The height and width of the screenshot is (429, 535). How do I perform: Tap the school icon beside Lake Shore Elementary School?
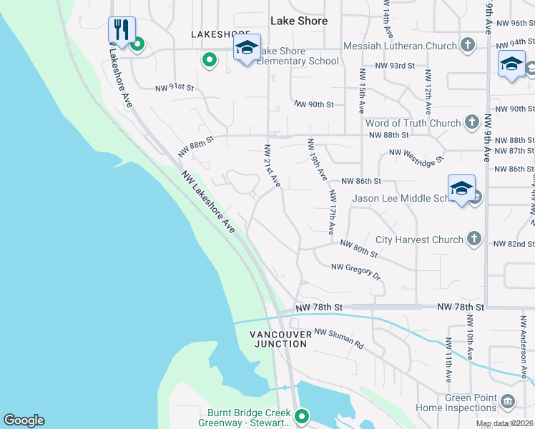246,48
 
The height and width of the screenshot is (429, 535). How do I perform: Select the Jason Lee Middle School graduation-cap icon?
461,189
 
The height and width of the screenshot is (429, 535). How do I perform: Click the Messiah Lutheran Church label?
400,46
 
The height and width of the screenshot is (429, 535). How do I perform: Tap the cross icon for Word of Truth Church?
471,123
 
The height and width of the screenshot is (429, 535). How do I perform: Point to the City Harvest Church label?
419,240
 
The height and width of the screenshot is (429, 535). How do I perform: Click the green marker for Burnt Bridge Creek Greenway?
302,415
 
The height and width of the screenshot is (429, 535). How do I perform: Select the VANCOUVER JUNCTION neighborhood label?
279,339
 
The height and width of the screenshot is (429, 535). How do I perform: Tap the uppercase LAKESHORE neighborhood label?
220,34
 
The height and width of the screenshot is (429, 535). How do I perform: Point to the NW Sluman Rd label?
339,337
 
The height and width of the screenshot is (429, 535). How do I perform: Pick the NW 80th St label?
358,248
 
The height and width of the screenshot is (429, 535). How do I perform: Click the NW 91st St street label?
175,88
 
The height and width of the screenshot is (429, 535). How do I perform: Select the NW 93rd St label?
394,66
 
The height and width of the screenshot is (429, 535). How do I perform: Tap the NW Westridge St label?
416,153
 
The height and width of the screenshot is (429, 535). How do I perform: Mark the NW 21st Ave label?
271,167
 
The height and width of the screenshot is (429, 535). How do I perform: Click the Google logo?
24,420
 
